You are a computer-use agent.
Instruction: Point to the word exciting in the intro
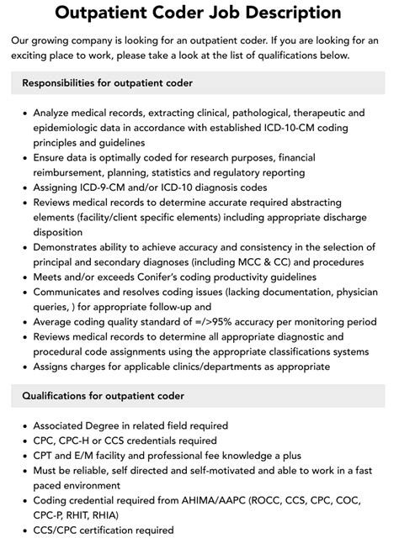coord(38,55)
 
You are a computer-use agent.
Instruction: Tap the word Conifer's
coord(168,277)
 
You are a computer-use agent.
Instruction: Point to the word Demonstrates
coord(72,247)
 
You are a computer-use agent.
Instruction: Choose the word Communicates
coord(72,292)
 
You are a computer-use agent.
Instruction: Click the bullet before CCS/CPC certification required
coord(23,530)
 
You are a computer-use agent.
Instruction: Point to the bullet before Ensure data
coord(23,157)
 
